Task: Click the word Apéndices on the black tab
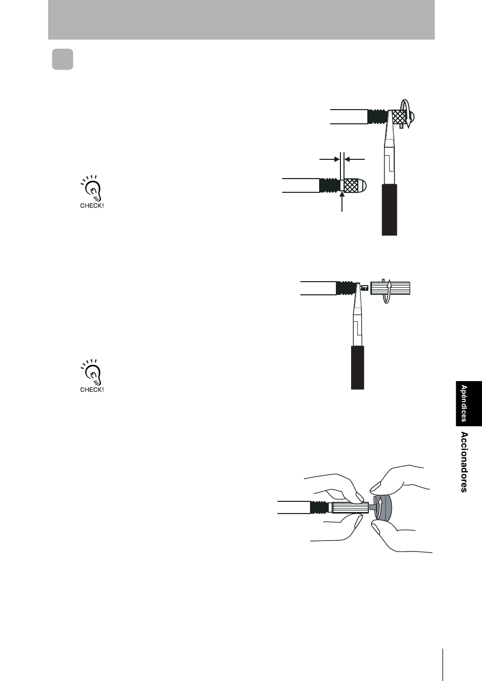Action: (464, 403)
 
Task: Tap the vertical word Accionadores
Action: (464, 462)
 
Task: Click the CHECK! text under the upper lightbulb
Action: (92, 206)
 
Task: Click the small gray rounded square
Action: (62, 59)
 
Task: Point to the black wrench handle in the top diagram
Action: (389, 210)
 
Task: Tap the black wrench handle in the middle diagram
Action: (357, 367)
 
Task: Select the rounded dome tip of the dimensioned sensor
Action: (363, 185)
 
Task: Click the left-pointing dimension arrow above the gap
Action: (354, 159)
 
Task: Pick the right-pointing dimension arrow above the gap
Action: (329, 159)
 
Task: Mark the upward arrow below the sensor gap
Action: (342, 201)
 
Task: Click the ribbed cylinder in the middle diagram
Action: (390, 288)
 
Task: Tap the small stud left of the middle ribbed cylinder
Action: (365, 288)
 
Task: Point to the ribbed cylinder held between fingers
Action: (350, 507)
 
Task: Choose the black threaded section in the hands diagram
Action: (319, 507)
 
